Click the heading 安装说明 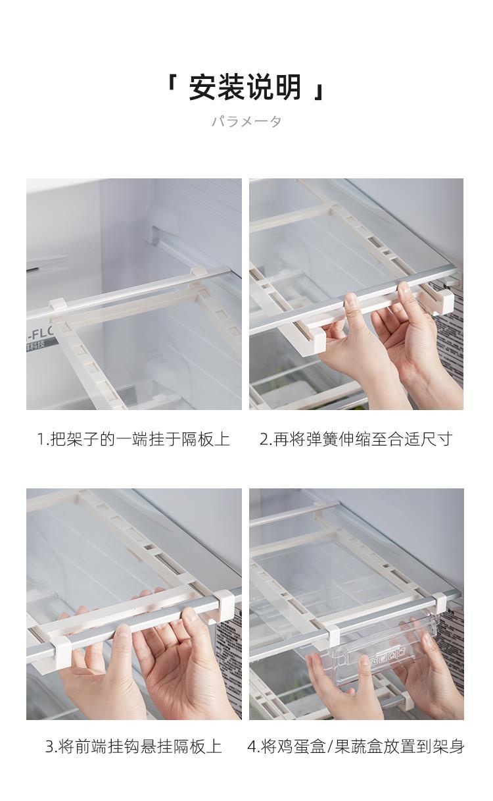pyautogui.click(x=245, y=87)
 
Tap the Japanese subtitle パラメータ pyautogui.click(x=246, y=122)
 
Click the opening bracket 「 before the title pyautogui.click(x=173, y=81)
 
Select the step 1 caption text pyautogui.click(x=133, y=439)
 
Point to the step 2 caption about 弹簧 pyautogui.click(x=356, y=439)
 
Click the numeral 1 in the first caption pyautogui.click(x=41, y=440)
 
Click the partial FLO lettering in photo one pyautogui.click(x=40, y=335)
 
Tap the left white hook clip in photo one pyautogui.click(x=59, y=305)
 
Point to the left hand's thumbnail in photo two pyautogui.click(x=351, y=299)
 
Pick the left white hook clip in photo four pyautogui.click(x=333, y=635)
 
